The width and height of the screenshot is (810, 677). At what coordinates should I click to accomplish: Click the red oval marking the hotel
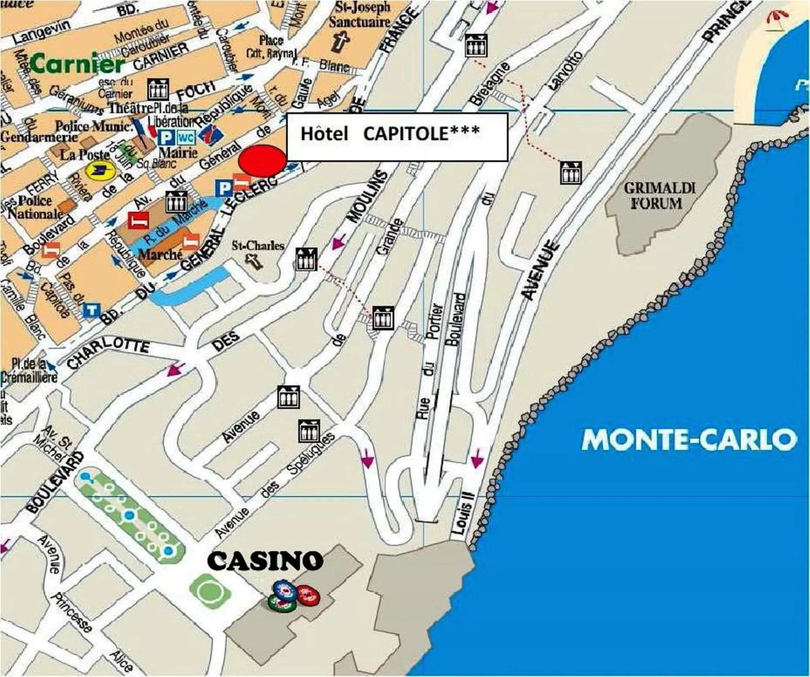[263, 161]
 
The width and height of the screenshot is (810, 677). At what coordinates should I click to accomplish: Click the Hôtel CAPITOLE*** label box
[397, 136]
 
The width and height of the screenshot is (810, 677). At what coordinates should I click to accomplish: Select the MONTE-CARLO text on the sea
[689, 440]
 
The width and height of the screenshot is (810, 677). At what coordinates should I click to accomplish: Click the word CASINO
[265, 560]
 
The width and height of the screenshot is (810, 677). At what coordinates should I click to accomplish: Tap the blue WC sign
[186, 138]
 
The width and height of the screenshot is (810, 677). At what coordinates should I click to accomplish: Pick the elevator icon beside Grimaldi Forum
[571, 173]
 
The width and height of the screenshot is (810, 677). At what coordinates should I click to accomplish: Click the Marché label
[160, 254]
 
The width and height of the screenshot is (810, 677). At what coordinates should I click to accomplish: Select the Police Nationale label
[35, 207]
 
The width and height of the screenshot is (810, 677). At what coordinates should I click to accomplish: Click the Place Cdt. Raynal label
[271, 46]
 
